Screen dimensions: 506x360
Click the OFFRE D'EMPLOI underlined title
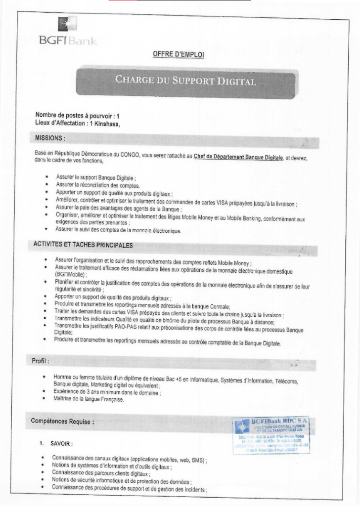pos(179,54)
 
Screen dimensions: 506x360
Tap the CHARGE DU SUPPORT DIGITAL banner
pos(185,81)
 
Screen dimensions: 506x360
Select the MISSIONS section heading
pos(50,136)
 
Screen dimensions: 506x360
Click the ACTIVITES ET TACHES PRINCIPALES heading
pos(83,244)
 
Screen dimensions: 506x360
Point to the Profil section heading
pos(41,361)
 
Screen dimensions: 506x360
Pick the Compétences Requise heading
pos(63,422)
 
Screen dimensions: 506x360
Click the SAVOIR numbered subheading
pos(62,443)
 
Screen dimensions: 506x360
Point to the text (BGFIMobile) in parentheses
pos(70,274)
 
